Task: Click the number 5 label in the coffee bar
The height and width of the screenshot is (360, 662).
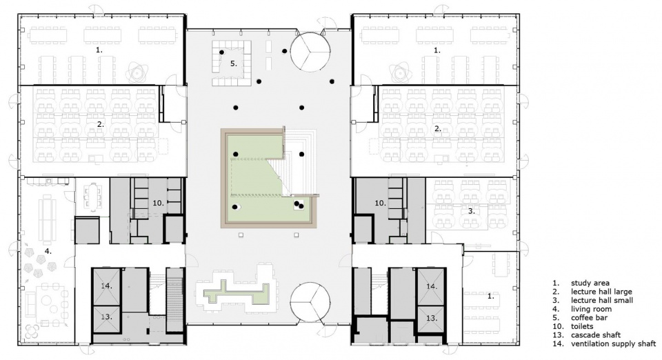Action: point(234,63)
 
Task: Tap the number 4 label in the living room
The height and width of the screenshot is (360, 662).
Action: point(48,251)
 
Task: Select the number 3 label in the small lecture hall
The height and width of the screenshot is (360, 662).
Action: point(471,211)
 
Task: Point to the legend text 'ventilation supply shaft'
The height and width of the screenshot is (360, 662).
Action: point(614,344)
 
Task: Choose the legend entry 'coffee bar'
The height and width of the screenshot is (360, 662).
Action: point(589,318)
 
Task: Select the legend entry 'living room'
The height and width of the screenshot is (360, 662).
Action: point(591,310)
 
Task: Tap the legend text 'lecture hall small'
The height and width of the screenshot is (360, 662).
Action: point(602,301)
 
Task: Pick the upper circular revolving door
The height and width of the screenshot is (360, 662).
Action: point(310,52)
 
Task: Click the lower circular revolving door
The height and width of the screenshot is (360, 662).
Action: point(310,303)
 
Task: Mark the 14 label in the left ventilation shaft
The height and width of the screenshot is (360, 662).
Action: point(106,286)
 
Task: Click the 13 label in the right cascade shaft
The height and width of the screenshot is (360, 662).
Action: point(432,318)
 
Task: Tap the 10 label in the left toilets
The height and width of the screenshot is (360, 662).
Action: point(158,203)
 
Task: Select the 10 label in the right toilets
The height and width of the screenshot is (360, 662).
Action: point(381,203)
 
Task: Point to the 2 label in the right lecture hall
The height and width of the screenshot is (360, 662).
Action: point(438,129)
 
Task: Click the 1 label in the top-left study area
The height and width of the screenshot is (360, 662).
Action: point(99,50)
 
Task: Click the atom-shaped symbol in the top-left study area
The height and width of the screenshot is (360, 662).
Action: point(137,73)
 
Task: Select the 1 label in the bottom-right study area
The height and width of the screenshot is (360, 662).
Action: point(490,297)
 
